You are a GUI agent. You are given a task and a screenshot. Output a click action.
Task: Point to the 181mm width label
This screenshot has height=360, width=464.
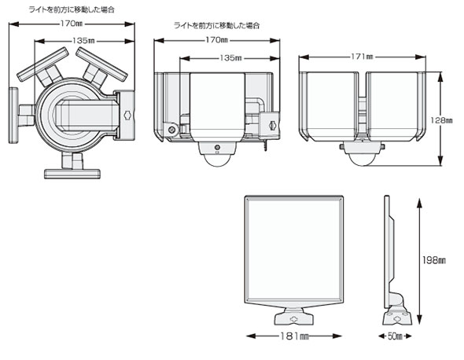tap(293, 336)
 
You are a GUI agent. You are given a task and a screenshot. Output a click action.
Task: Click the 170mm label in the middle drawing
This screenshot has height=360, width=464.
tap(218, 39)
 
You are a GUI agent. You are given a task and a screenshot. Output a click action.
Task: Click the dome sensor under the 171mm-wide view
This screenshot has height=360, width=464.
tap(362, 154)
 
